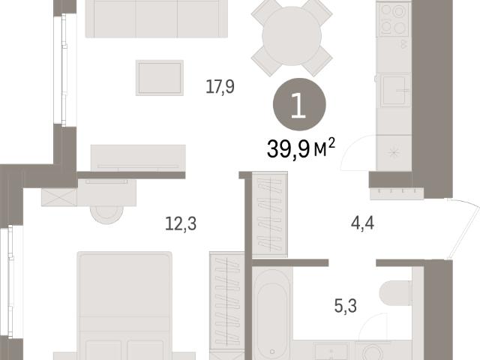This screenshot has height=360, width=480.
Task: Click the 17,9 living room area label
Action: pyautogui.click(x=220, y=87)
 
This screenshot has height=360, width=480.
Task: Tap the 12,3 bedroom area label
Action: pyautogui.click(x=181, y=223)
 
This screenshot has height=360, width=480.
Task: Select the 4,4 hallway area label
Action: pyautogui.click(x=362, y=223)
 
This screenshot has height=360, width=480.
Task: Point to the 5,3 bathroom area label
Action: pyautogui.click(x=346, y=306)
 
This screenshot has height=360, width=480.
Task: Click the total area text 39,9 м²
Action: pyautogui.click(x=301, y=148)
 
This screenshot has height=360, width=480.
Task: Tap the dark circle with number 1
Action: pyautogui.click(x=299, y=104)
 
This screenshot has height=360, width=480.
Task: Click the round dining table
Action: pyautogui.click(x=292, y=36)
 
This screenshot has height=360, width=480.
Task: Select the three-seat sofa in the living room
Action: pyautogui.click(x=157, y=19)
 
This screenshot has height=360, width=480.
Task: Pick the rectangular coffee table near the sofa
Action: pyautogui.click(x=160, y=78)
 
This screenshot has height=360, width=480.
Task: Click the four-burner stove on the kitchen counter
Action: pyautogui.click(x=393, y=19)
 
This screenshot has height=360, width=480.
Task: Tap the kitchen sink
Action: pyautogui.click(x=395, y=91)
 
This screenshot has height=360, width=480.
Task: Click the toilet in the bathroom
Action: pyautogui.click(x=395, y=293)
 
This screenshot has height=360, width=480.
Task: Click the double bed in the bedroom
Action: pyautogui.click(x=124, y=306)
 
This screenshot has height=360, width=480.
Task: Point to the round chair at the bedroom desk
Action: pyautogui.click(x=106, y=214)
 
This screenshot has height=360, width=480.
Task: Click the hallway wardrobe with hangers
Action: pyautogui.click(x=269, y=214)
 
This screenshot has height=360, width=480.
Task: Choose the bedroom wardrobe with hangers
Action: pyautogui.click(x=226, y=302)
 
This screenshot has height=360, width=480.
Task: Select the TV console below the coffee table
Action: pyautogui.click(x=138, y=158)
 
